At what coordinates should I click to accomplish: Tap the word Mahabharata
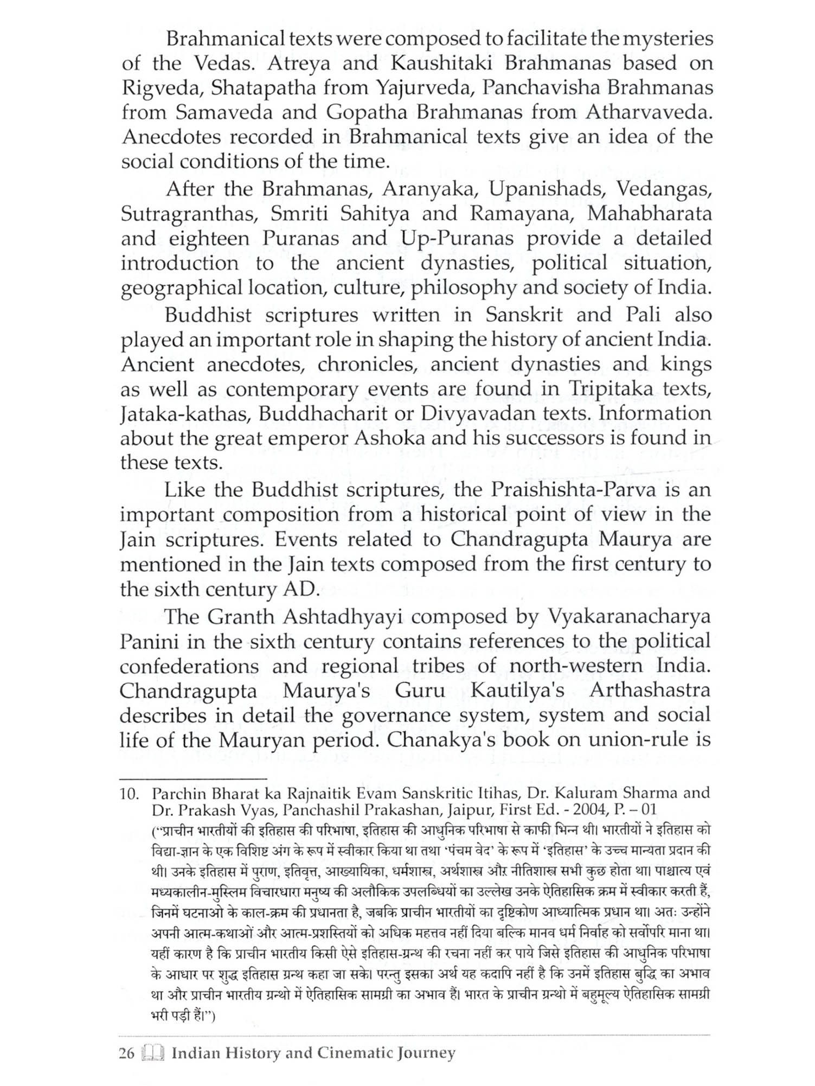[x=649, y=213]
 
